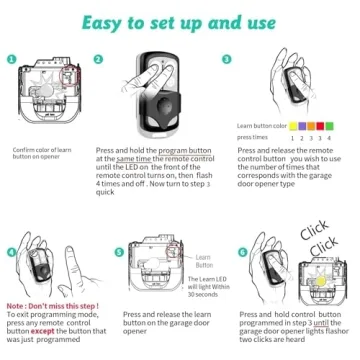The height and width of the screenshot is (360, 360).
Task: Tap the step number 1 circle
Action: point(12,60)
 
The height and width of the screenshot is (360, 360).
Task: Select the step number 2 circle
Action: point(124,60)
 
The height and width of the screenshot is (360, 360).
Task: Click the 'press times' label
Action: point(255,139)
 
